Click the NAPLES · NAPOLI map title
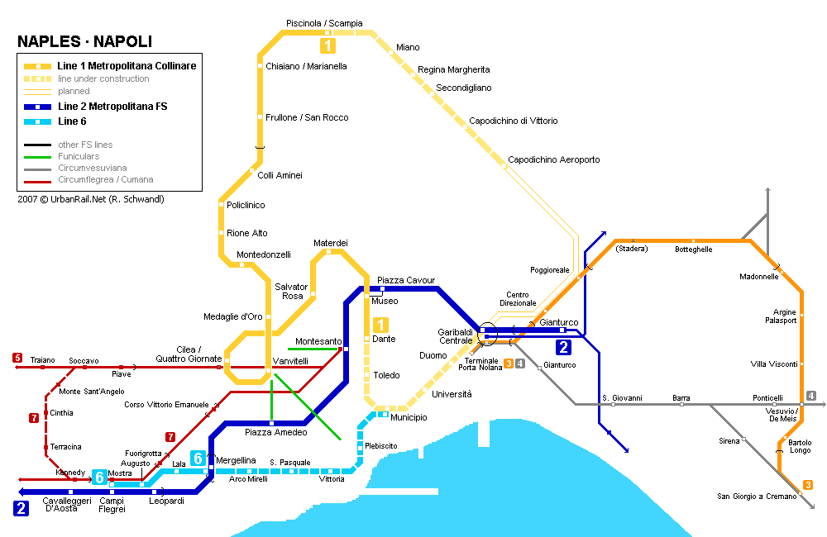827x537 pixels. click(x=84, y=42)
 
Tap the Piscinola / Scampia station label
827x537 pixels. click(x=324, y=23)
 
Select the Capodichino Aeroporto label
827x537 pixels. click(x=553, y=159)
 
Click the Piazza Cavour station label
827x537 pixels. click(x=405, y=280)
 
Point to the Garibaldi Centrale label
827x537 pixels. click(x=455, y=336)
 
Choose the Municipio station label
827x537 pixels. click(x=409, y=418)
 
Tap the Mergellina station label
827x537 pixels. click(x=236, y=460)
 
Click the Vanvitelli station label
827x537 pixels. click(x=290, y=361)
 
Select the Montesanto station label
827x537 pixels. click(x=318, y=341)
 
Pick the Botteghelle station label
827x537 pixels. click(x=693, y=249)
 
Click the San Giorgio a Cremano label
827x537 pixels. click(x=757, y=496)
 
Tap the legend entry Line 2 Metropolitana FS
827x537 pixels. click(x=112, y=107)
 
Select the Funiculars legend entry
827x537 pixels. click(x=79, y=156)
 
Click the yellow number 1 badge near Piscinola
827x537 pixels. click(x=328, y=46)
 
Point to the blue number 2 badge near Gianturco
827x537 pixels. click(x=563, y=347)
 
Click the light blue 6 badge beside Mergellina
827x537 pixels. click(x=198, y=458)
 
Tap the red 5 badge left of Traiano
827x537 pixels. click(x=17, y=358)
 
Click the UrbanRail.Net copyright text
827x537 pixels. click(x=91, y=199)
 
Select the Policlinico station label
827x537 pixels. click(x=246, y=205)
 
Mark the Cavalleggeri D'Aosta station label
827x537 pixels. click(x=62, y=504)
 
